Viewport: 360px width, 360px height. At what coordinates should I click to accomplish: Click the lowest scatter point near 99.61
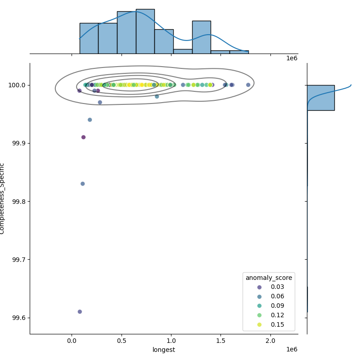(x=80, y=311)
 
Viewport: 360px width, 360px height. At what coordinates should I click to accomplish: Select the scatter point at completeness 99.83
(x=82, y=184)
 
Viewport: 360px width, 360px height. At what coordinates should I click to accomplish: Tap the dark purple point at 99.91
(x=83, y=137)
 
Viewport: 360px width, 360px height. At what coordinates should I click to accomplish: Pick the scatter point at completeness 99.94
(x=90, y=120)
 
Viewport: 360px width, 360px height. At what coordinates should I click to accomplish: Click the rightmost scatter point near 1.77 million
(x=248, y=85)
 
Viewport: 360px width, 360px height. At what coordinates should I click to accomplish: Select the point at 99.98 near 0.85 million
(x=157, y=96)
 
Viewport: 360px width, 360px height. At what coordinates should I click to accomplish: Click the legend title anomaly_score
(x=269, y=278)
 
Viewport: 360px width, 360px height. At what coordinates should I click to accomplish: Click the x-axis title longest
(x=164, y=350)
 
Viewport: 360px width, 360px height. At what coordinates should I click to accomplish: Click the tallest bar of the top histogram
(x=145, y=31)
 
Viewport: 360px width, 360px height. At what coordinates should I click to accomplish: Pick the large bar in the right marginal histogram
(x=320, y=98)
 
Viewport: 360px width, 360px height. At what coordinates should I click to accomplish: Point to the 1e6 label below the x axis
(x=292, y=350)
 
